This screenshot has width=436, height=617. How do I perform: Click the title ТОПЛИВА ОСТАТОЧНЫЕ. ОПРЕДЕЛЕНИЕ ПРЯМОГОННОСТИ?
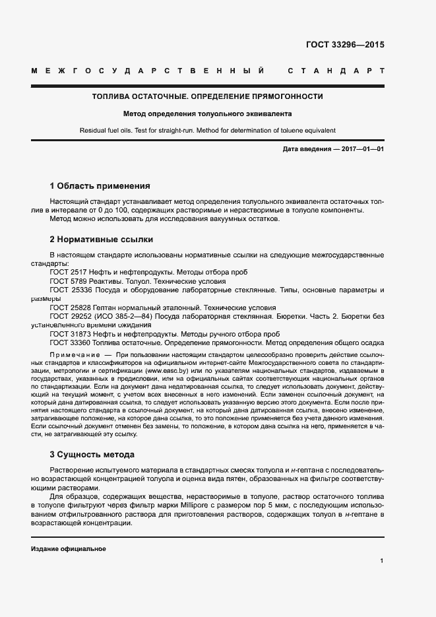coord(207,96)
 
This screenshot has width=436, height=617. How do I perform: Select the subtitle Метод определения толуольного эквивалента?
coord(207,114)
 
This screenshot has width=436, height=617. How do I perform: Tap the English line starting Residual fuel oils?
coord(207,131)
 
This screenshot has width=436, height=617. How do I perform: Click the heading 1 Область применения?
coord(100,185)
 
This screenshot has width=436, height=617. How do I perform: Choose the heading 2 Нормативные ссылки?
coord(102,239)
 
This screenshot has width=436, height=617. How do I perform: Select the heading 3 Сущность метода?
coord(92,454)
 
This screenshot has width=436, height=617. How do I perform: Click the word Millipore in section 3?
coord(189,505)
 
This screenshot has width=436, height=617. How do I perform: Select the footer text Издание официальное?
coord(68,549)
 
